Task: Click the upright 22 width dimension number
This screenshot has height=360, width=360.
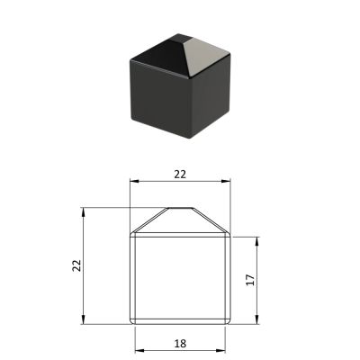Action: click(x=180, y=175)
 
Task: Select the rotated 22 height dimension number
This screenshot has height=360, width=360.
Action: click(x=76, y=265)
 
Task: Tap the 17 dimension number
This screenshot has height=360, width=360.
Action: click(x=250, y=280)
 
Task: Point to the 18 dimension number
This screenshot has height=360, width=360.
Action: click(x=180, y=344)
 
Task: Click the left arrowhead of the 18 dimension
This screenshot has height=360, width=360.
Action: click(x=139, y=351)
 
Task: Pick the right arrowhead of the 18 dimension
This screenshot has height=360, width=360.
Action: click(x=220, y=351)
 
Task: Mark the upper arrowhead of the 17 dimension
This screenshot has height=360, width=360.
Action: click(x=257, y=241)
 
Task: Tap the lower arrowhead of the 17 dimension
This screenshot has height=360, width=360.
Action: click(x=257, y=319)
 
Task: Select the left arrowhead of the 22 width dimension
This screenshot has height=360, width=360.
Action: click(x=134, y=181)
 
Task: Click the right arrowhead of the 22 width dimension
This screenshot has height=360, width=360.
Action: click(x=226, y=181)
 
